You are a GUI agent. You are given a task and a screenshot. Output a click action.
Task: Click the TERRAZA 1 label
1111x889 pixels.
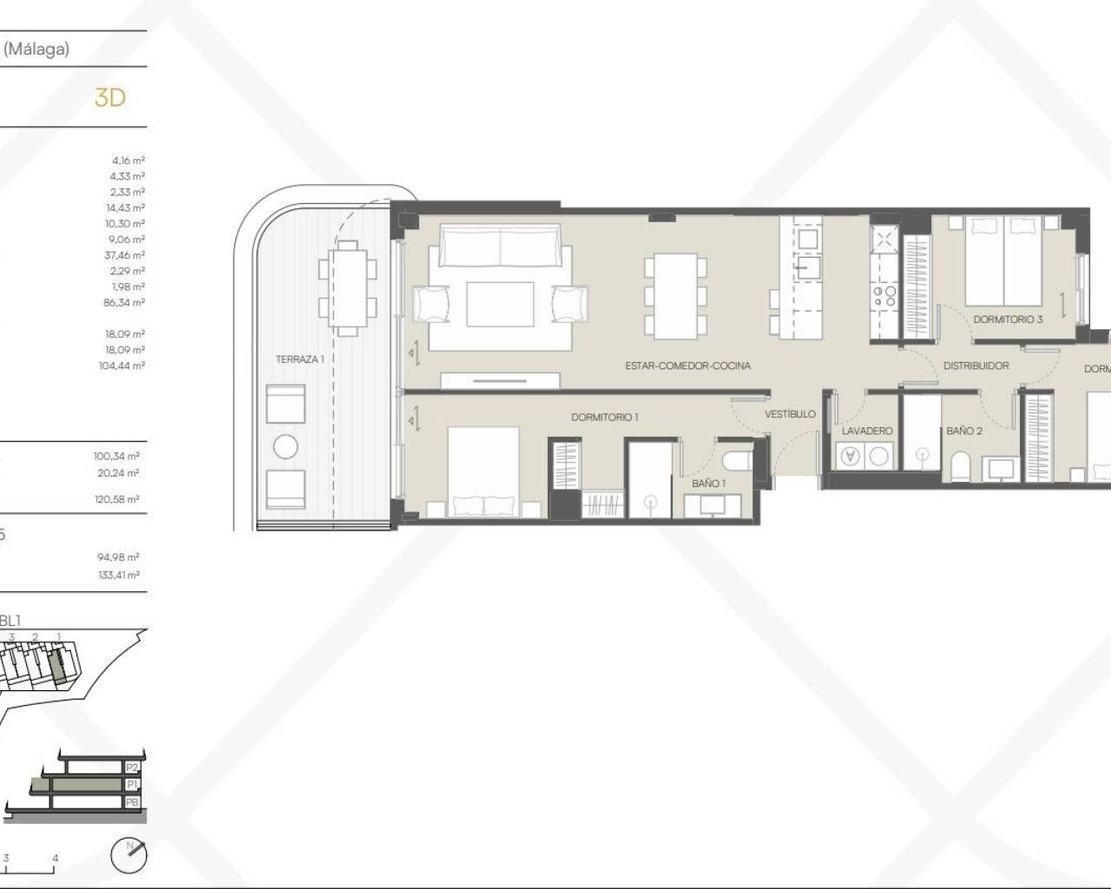(x=299, y=359)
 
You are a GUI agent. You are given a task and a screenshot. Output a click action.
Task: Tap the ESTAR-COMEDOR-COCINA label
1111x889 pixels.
(x=687, y=365)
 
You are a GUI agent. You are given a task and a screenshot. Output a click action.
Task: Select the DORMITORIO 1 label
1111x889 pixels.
(x=604, y=417)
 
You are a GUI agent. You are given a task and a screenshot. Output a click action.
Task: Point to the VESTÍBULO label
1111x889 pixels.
(x=790, y=414)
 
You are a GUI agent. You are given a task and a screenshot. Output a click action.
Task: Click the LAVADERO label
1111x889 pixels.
(x=867, y=431)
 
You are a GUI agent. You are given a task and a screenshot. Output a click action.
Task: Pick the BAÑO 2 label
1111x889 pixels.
(x=963, y=431)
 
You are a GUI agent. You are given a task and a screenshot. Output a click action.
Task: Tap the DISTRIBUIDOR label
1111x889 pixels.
(x=976, y=365)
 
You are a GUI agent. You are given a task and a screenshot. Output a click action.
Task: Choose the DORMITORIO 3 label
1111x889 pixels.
(x=1008, y=319)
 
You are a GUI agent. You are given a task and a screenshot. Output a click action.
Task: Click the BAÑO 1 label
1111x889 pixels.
(x=708, y=483)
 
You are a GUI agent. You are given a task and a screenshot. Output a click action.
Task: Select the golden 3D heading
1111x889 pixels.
(x=110, y=97)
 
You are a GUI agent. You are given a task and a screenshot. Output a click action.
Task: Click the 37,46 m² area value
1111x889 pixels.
(x=127, y=255)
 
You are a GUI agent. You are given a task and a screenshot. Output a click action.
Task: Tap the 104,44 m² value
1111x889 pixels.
(x=122, y=365)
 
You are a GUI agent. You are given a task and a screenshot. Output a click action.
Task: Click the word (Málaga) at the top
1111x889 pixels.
(x=36, y=49)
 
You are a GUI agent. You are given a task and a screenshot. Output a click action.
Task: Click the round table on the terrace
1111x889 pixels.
(x=286, y=447)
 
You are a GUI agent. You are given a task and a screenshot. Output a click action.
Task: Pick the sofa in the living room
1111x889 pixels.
(x=500, y=246)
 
